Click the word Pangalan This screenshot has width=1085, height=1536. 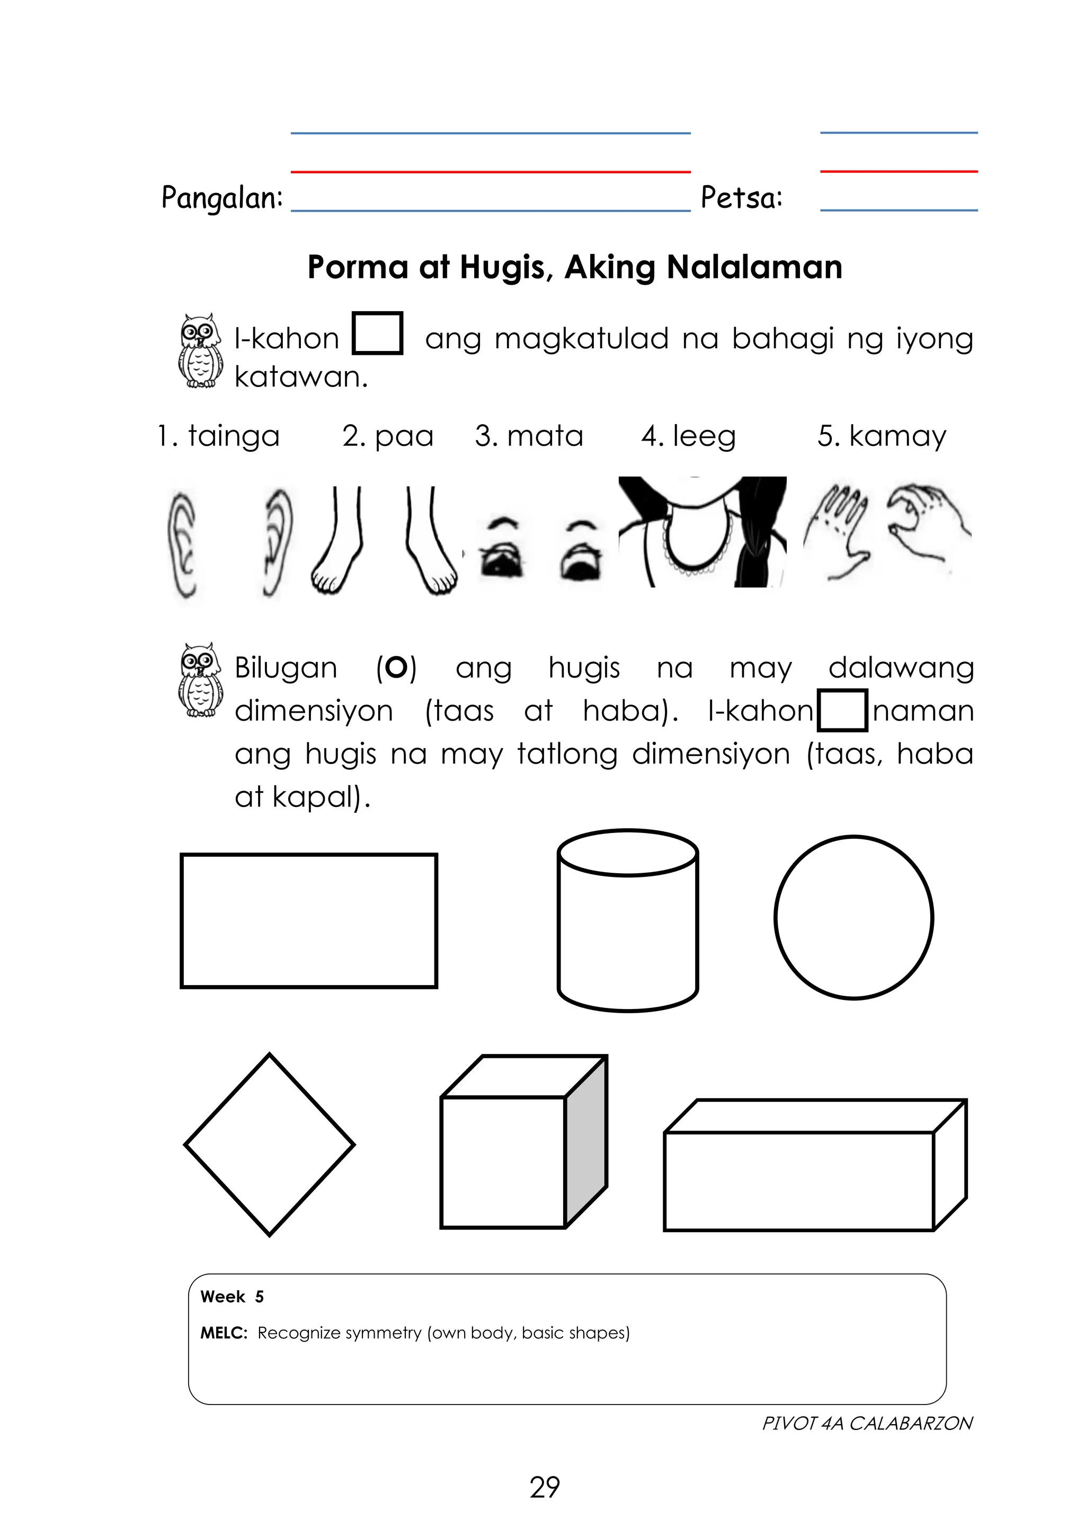tap(221, 198)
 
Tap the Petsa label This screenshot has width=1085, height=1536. tap(741, 197)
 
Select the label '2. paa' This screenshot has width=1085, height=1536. tap(388, 436)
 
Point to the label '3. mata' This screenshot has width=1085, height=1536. tap(529, 436)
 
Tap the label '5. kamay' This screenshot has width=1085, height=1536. tap(881, 436)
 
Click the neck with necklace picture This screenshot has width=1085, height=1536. tap(702, 532)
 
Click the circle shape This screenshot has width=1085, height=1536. tap(853, 917)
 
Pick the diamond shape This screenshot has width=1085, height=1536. tap(270, 1145)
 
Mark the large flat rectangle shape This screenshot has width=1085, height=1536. tap(308, 920)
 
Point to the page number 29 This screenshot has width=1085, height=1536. tap(544, 1487)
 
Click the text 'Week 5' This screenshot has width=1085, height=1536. tap(232, 1296)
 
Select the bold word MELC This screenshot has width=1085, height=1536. tap(223, 1332)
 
